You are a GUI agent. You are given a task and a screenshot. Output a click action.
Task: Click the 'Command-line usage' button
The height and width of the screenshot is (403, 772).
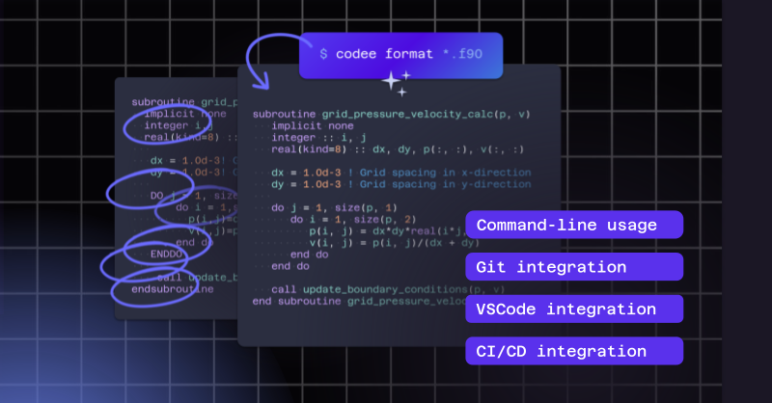click(573, 226)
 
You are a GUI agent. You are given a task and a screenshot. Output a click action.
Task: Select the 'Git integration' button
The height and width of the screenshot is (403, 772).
click(573, 267)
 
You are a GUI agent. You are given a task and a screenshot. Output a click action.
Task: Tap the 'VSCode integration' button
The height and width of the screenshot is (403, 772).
click(573, 309)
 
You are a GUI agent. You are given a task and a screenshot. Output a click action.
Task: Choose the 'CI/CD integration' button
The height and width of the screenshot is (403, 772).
click(573, 351)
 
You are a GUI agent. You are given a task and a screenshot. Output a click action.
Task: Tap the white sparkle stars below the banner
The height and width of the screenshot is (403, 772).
click(395, 83)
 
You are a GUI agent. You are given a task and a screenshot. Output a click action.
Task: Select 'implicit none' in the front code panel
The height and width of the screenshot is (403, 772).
click(312, 126)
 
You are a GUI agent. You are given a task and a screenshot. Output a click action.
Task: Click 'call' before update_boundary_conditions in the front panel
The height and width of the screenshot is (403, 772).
click(284, 289)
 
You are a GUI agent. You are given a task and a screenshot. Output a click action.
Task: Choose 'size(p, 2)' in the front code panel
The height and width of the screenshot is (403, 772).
click(366, 219)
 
